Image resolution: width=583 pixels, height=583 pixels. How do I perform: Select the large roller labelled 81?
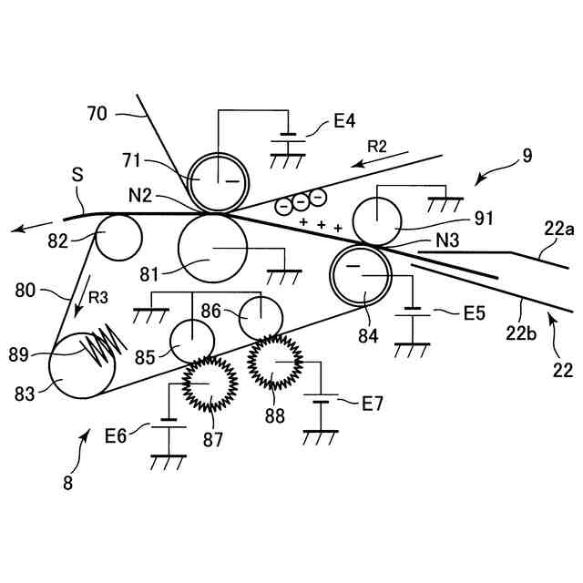coord(212,249)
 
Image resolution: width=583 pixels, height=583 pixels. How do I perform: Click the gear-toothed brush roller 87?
coord(210,384)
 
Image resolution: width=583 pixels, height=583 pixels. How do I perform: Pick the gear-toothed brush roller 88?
coord(274,363)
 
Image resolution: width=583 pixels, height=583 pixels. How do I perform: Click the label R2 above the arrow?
coord(378,145)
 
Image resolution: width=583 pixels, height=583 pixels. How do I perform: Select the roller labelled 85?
coord(192,342)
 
